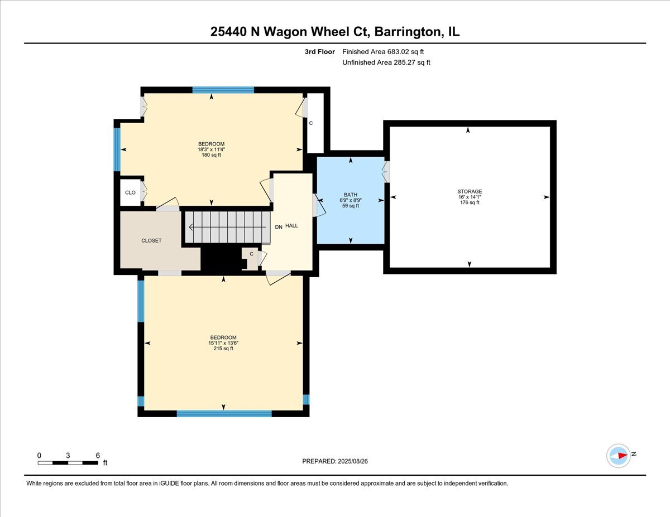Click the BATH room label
click(351, 195)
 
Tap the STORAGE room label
click(469, 192)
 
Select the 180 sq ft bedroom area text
click(211, 155)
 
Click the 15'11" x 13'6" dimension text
click(223, 343)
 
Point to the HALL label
click(291, 226)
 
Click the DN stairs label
click(279, 227)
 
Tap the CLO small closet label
click(130, 192)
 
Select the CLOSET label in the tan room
click(151, 240)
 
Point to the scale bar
click(68, 462)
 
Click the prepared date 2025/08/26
click(335, 461)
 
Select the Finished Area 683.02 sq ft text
click(386, 52)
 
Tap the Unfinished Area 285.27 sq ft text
click(386, 62)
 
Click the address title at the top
click(335, 32)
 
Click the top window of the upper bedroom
click(223, 89)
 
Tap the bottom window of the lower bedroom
click(224, 414)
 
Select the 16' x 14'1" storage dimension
click(469, 197)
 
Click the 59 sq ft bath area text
click(351, 206)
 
